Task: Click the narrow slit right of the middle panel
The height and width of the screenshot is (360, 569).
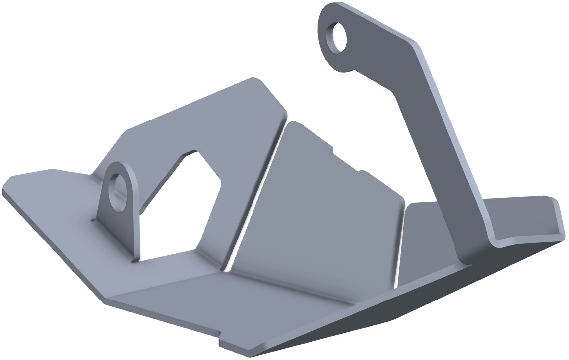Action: pos(402,243)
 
